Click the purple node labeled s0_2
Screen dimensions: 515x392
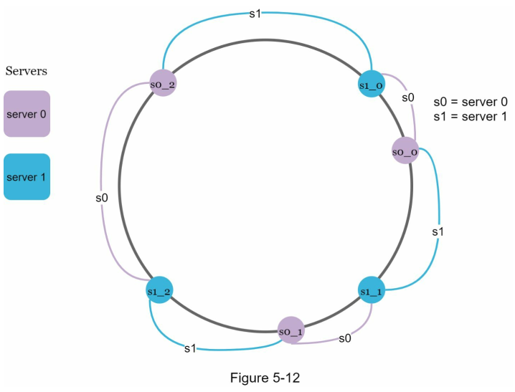coord(163,85)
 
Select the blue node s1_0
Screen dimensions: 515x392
coord(372,85)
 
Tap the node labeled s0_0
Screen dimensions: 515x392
coord(405,151)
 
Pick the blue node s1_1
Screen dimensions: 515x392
coord(372,290)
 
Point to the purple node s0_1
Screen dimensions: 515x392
coord(291,330)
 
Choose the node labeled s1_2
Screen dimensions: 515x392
coord(159,290)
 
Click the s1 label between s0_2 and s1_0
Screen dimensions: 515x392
coord(255,14)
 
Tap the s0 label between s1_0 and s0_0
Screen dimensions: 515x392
coord(408,97)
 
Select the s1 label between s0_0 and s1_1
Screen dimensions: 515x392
coord(438,232)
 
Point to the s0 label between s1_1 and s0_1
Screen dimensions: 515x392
coord(344,338)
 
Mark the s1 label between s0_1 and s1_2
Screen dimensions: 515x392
coord(190,348)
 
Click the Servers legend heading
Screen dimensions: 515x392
coord(27,71)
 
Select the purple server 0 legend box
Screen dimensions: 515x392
coord(27,113)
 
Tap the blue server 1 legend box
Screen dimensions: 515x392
coord(27,176)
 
